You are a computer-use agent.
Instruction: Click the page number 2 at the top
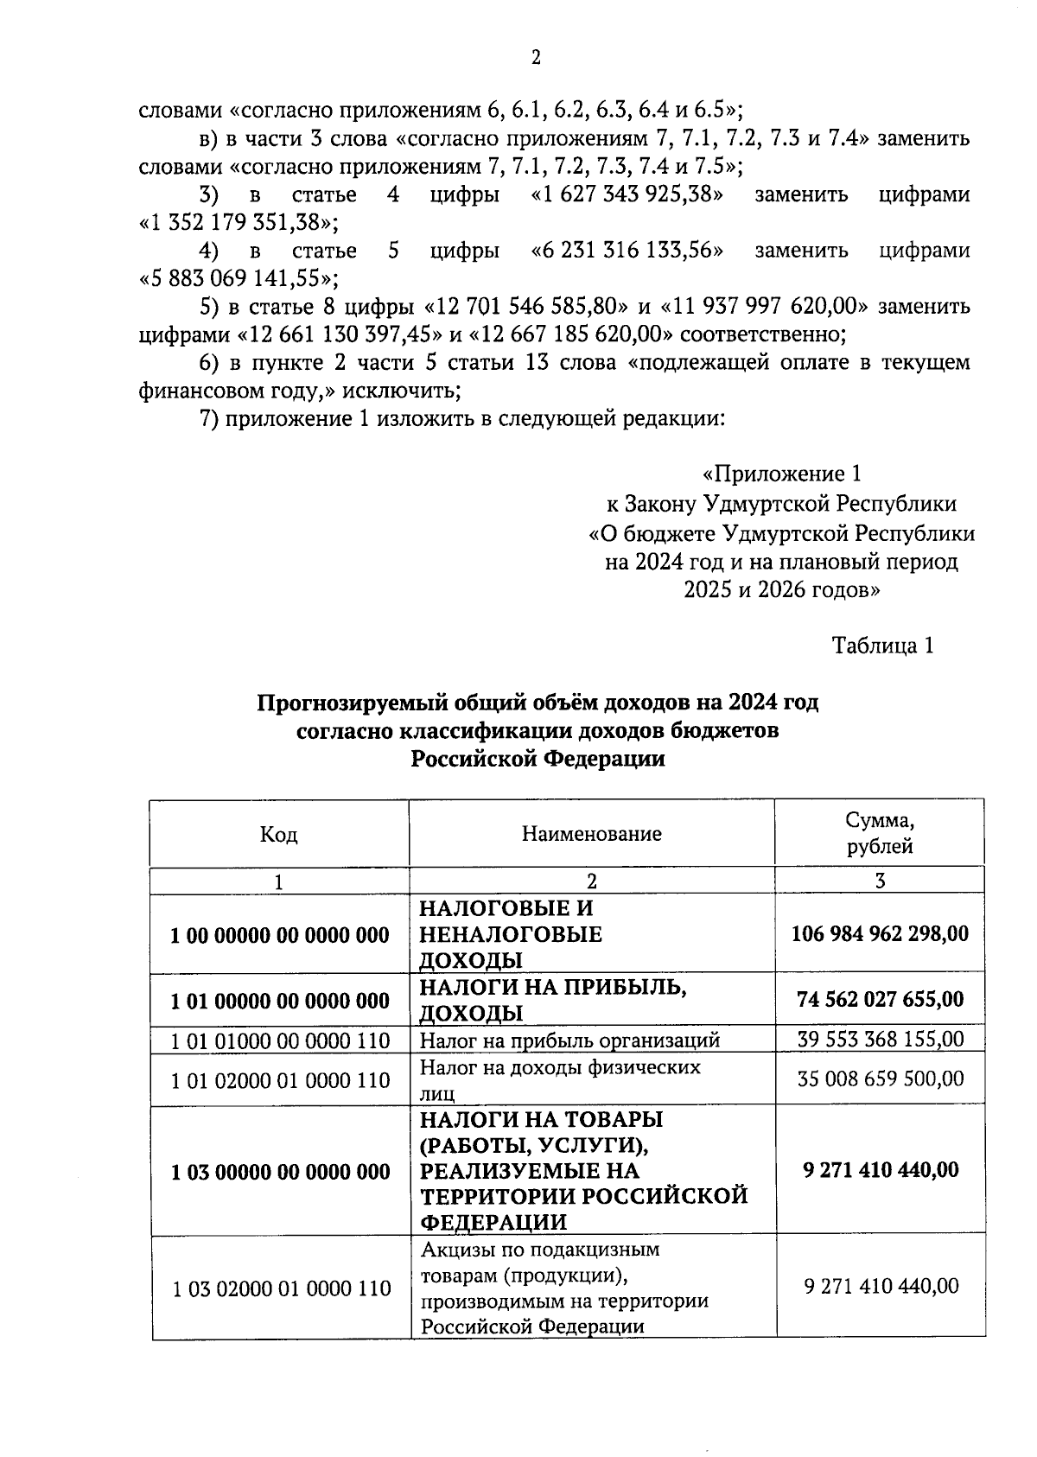click(536, 58)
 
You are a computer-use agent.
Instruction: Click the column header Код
click(278, 834)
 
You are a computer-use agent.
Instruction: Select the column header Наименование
click(591, 834)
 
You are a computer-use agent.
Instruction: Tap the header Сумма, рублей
click(879, 833)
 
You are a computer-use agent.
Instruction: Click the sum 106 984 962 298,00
click(880, 933)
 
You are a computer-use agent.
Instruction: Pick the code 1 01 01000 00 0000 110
click(280, 1040)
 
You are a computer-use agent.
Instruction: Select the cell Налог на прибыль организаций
click(569, 1040)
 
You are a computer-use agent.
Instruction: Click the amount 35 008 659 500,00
click(880, 1079)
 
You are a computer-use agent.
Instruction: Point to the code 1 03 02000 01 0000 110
click(280, 1288)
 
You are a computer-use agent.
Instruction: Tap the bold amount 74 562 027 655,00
click(880, 1000)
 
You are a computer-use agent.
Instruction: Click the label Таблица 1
click(882, 646)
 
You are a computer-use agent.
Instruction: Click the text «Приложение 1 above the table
click(781, 474)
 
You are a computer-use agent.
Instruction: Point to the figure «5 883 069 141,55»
click(239, 278)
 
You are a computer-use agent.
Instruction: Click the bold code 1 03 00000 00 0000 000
click(280, 1172)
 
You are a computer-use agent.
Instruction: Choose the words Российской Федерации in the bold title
click(538, 759)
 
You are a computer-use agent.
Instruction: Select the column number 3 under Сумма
click(879, 881)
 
